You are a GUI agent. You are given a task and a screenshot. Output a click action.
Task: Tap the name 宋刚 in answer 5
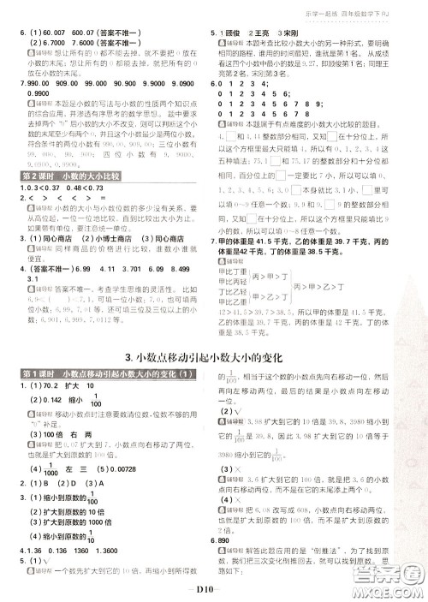(304, 33)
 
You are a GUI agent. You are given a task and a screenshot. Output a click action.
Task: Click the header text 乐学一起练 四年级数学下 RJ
(368, 9)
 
